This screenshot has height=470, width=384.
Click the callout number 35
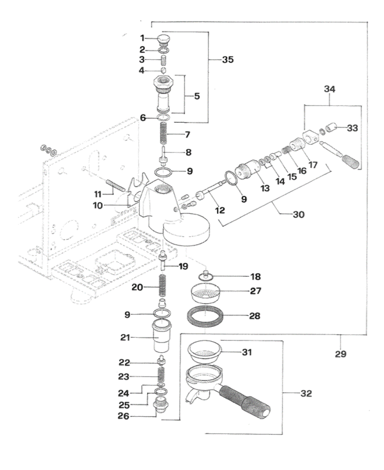pos(228,60)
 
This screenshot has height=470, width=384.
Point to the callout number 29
pos(341,354)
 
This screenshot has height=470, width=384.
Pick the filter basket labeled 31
pos(204,351)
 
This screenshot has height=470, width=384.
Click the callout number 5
pos(196,95)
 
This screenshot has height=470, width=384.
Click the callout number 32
pos(306,393)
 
